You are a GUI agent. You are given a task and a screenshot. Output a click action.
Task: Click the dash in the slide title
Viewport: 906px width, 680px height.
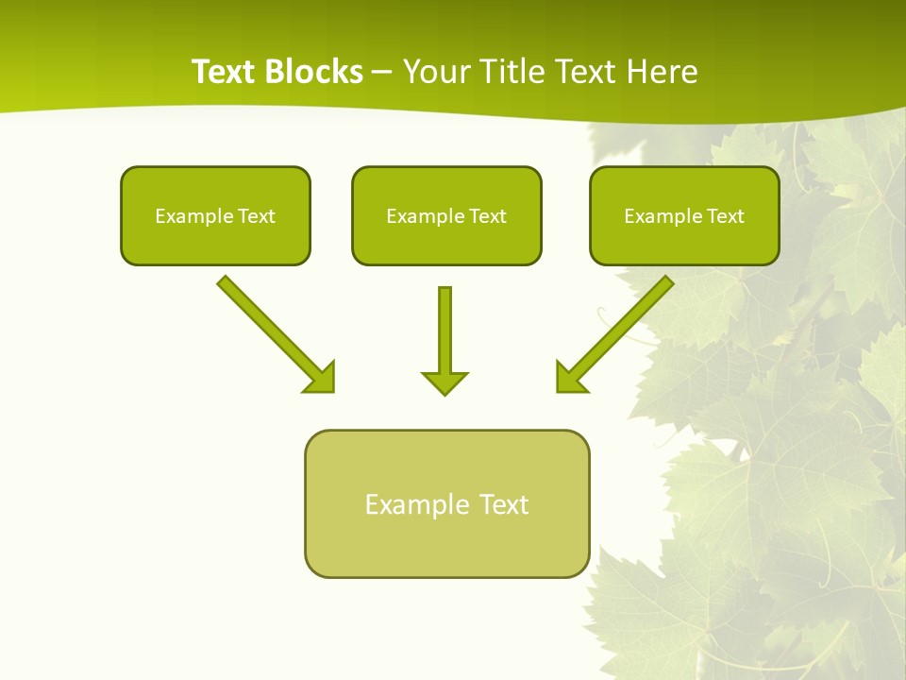point(382,73)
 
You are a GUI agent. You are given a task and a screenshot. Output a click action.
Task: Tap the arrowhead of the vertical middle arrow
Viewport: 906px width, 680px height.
point(445,382)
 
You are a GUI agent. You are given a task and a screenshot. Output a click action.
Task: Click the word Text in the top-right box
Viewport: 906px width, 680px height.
point(726,216)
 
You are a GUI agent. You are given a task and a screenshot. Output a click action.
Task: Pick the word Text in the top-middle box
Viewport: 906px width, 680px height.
point(488,216)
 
